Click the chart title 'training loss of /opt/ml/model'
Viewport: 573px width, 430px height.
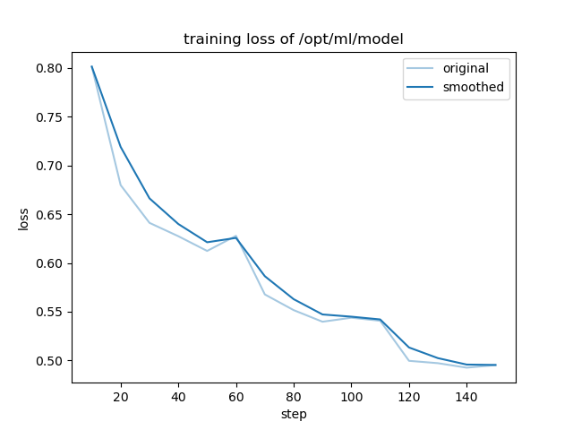(x=293, y=39)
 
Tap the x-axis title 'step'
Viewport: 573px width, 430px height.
(x=293, y=414)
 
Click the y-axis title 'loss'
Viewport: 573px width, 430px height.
(x=24, y=219)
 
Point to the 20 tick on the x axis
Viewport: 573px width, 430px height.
(x=121, y=395)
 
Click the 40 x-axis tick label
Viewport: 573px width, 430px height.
(x=178, y=395)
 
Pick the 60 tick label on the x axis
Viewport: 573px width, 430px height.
(x=235, y=395)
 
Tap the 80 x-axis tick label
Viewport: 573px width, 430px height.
(x=294, y=395)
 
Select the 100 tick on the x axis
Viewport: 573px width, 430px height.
(x=351, y=395)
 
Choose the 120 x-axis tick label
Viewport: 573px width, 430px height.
(x=409, y=395)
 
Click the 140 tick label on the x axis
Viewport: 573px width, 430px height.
(x=466, y=395)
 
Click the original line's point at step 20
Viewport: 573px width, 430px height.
(x=121, y=185)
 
